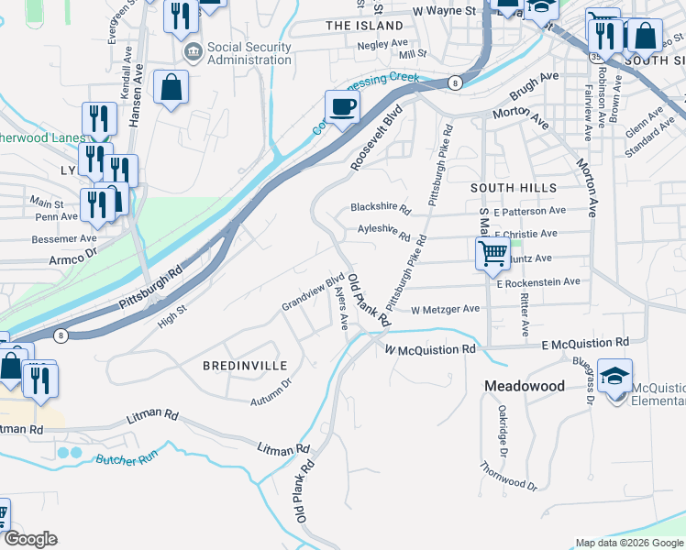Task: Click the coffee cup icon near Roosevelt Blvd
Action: tap(342, 107)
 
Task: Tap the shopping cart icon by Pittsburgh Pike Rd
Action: tap(493, 253)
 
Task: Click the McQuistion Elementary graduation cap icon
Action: tap(614, 375)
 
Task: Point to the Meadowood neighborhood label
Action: tap(525, 386)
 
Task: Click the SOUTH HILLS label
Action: tap(502, 187)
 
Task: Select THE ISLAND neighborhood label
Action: tap(359, 26)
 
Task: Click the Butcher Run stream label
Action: tap(123, 457)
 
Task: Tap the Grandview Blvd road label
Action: tap(313, 291)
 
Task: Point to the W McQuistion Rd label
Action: tap(430, 349)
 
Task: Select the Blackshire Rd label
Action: tap(381, 208)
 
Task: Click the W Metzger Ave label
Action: tap(445, 310)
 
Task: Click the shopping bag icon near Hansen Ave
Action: tap(171, 88)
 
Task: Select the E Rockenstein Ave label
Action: tap(538, 283)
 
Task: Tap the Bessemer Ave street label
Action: tap(63, 238)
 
